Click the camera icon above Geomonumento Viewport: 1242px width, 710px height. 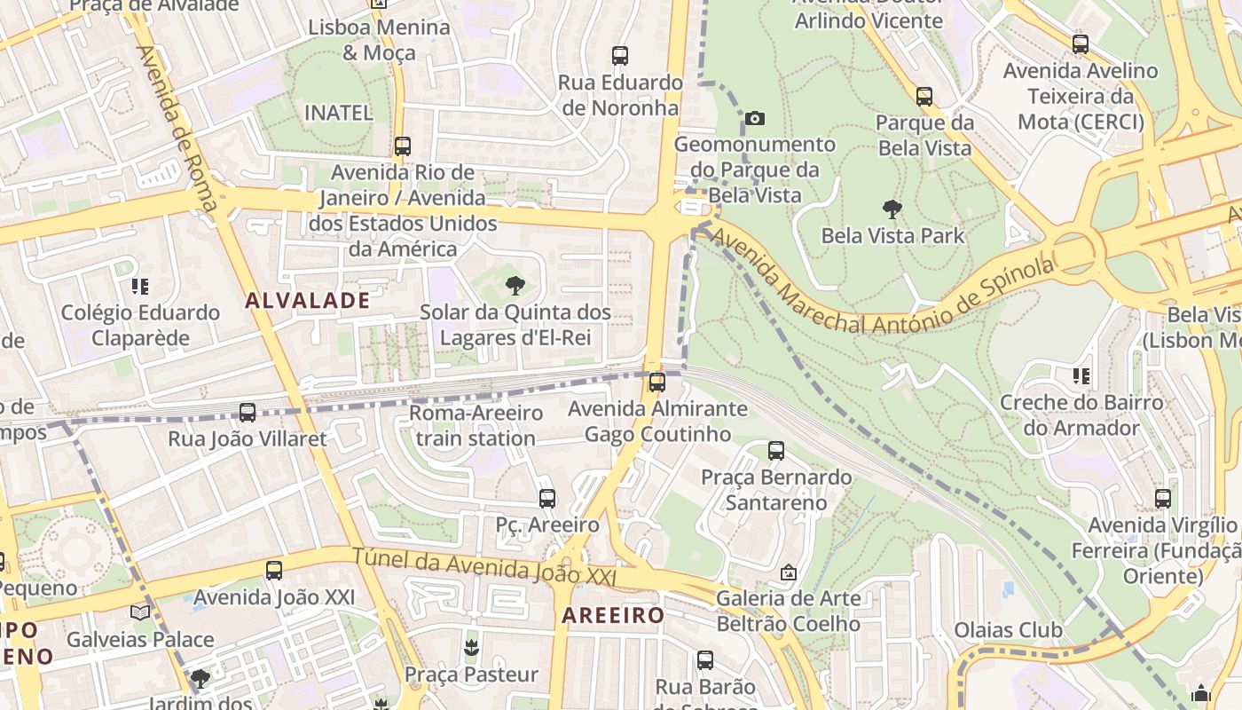click(x=754, y=118)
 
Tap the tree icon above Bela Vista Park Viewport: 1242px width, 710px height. click(x=892, y=210)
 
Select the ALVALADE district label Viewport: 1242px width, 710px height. click(x=307, y=301)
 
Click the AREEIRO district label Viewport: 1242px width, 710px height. click(x=613, y=615)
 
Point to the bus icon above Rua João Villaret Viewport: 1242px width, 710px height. click(x=248, y=413)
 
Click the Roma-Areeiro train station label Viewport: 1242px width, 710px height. click(x=476, y=426)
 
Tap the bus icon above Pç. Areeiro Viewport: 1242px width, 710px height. click(x=546, y=499)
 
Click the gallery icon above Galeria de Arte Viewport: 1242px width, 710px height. click(x=788, y=573)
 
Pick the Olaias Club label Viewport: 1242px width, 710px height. click(x=1008, y=631)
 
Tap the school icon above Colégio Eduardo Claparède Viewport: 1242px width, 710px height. click(x=139, y=287)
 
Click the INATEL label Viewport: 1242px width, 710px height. click(x=339, y=113)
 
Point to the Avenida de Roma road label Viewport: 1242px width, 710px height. click(x=177, y=129)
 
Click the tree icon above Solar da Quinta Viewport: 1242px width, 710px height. click(x=515, y=286)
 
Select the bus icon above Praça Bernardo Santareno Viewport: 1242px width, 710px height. click(x=776, y=451)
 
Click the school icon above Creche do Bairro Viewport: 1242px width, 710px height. click(x=1081, y=376)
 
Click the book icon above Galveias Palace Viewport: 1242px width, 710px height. click(x=140, y=613)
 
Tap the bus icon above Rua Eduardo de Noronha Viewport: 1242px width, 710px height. click(x=620, y=56)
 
